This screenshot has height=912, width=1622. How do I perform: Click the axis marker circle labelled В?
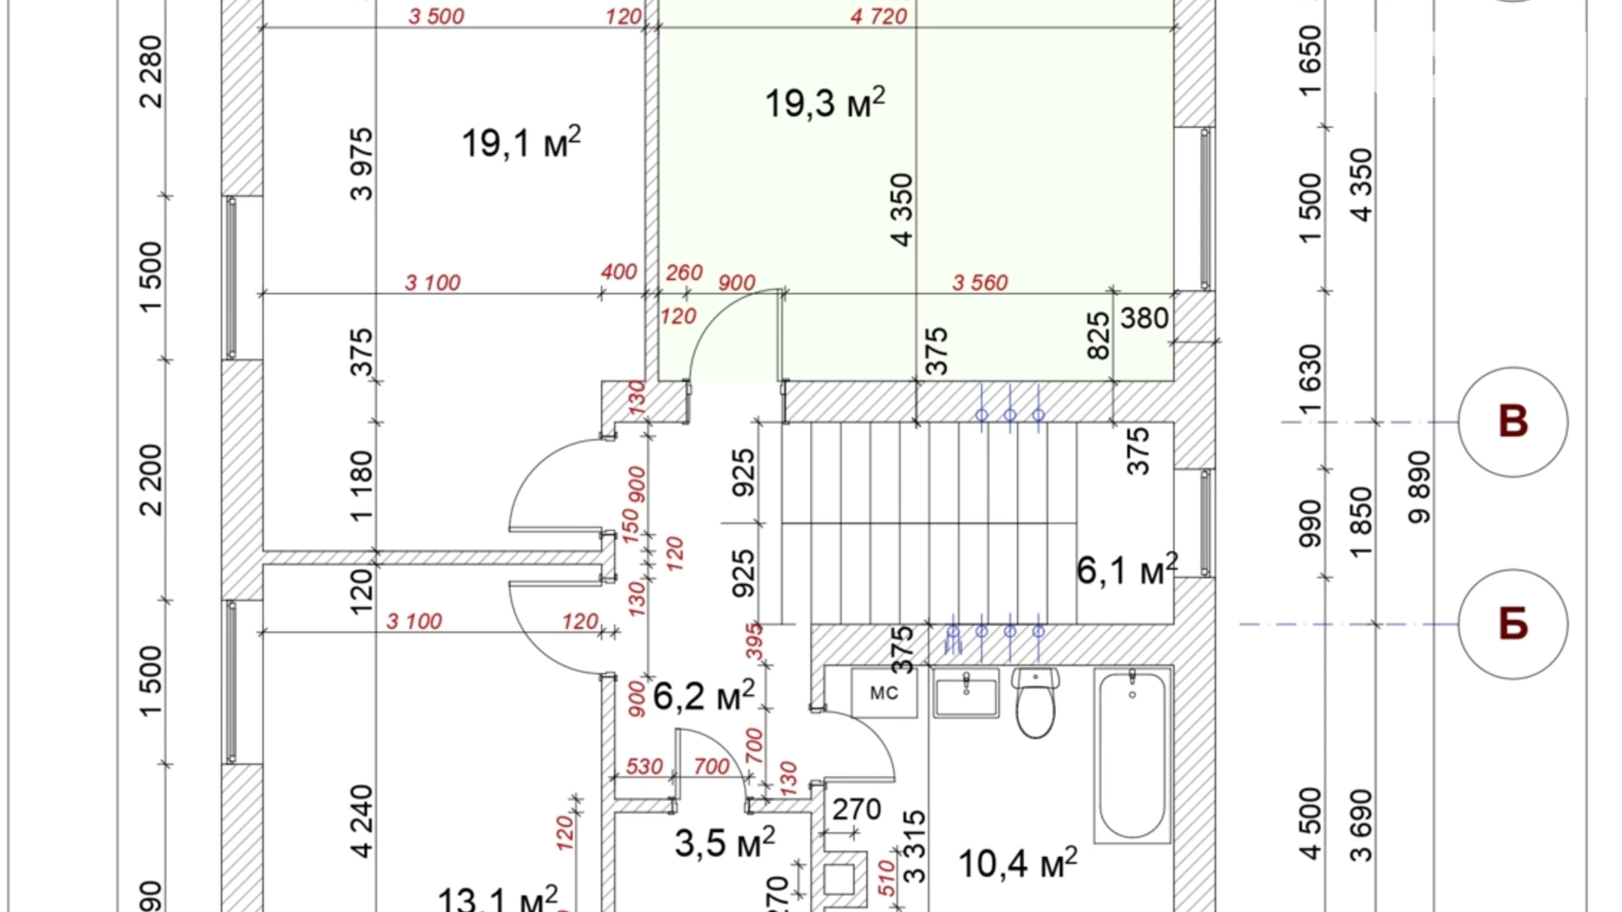click(1512, 422)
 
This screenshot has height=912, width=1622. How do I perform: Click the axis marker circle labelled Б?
click(1512, 624)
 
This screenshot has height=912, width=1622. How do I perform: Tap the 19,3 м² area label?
click(824, 103)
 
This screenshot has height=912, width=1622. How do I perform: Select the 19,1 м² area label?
click(521, 143)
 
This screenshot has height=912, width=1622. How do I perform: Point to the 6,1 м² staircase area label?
click(1127, 570)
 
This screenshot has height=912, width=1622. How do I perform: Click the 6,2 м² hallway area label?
click(703, 696)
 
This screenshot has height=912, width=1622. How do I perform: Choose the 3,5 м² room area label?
click(724, 843)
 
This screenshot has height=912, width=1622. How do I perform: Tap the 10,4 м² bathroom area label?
click(1017, 864)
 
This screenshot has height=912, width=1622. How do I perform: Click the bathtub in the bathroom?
click(1132, 754)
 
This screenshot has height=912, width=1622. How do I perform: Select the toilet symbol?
click(1035, 703)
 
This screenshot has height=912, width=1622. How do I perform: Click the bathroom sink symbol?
click(965, 694)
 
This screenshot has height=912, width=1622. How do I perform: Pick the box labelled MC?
click(884, 693)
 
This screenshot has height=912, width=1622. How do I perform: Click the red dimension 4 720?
click(879, 16)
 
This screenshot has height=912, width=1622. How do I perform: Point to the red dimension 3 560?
click(979, 282)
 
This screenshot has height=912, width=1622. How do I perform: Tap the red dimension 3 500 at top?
click(436, 16)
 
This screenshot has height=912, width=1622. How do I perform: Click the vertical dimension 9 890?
click(1419, 487)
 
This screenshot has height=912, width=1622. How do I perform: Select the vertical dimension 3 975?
click(361, 164)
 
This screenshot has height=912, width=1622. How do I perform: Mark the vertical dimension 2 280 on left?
click(151, 72)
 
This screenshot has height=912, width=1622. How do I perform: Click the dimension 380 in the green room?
click(1144, 317)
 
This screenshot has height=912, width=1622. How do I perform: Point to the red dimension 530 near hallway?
click(644, 766)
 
